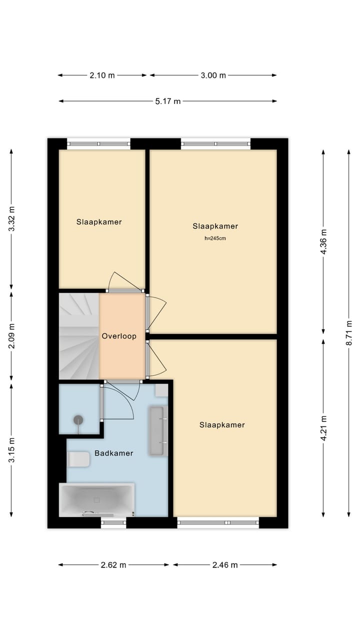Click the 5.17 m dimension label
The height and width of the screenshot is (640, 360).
168,101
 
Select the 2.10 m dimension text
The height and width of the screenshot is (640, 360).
102,75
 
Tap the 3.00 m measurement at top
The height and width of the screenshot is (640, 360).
213,75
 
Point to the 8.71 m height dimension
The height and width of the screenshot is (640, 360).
349,333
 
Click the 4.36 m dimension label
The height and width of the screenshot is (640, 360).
323,242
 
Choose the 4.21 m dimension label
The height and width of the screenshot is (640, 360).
323,428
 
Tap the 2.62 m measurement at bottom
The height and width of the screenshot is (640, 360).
113,565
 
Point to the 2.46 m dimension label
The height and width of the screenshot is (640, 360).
225,565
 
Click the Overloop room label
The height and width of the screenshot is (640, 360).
119,336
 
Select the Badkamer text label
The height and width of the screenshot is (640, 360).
114,453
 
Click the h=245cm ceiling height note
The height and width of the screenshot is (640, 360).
215,239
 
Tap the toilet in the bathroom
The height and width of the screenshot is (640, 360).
78,459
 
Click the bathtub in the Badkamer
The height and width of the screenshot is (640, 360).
96,499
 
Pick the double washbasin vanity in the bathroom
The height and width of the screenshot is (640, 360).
157,430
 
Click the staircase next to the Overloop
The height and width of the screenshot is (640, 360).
78,336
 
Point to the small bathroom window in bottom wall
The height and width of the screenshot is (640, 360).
113,523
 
